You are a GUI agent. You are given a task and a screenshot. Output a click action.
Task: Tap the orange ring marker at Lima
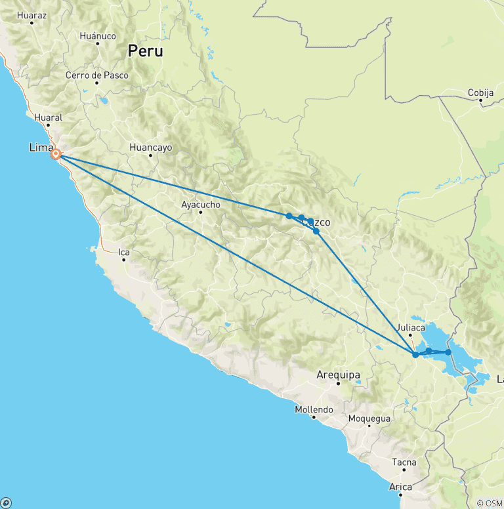click(x=56, y=155)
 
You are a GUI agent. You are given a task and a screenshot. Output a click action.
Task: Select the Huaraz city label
click(x=31, y=14)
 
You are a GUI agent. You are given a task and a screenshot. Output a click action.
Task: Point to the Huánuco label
click(x=97, y=36)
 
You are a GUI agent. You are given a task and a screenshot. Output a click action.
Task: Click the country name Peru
click(x=145, y=51)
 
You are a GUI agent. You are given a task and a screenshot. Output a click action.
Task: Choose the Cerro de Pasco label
click(x=96, y=75)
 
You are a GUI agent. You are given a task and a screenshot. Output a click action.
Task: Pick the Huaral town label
click(x=49, y=118)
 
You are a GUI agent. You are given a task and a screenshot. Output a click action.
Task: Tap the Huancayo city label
click(x=151, y=148)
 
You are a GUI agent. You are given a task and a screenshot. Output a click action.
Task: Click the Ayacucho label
click(x=200, y=205)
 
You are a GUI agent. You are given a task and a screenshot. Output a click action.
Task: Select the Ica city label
click(x=123, y=252)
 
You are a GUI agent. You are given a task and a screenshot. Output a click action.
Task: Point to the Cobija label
click(x=481, y=93)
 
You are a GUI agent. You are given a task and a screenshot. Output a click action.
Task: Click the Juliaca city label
click(x=411, y=327)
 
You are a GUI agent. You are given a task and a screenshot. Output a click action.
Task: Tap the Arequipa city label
click(x=338, y=375)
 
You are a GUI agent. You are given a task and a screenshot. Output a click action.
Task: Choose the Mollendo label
click(x=314, y=410)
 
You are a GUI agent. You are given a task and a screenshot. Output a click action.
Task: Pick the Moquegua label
click(x=369, y=418)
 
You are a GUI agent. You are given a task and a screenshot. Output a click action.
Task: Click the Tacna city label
click(x=404, y=462)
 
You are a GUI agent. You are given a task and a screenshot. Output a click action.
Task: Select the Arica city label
click(x=400, y=487)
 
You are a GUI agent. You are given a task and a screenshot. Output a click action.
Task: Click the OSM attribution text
click(x=490, y=503)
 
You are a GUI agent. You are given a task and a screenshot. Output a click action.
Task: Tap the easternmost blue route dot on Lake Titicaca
click(x=448, y=352)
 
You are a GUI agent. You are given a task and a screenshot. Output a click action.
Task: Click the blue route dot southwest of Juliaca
click(x=415, y=355)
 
